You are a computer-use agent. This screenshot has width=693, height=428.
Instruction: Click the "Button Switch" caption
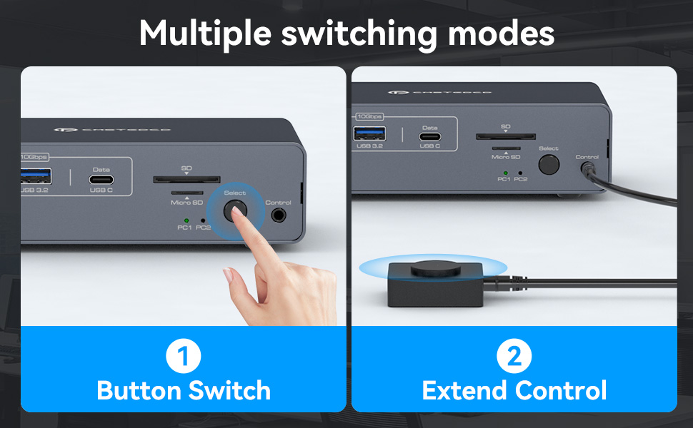coord(184,391)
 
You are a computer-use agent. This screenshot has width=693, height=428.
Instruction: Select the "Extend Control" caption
coord(514,391)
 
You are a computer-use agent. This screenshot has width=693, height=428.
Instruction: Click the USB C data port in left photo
coord(101,181)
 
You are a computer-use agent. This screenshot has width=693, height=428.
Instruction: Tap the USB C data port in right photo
coord(429,136)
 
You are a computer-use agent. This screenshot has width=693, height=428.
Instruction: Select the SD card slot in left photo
coord(186,180)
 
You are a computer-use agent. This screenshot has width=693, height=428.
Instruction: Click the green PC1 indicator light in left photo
coord(186,220)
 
